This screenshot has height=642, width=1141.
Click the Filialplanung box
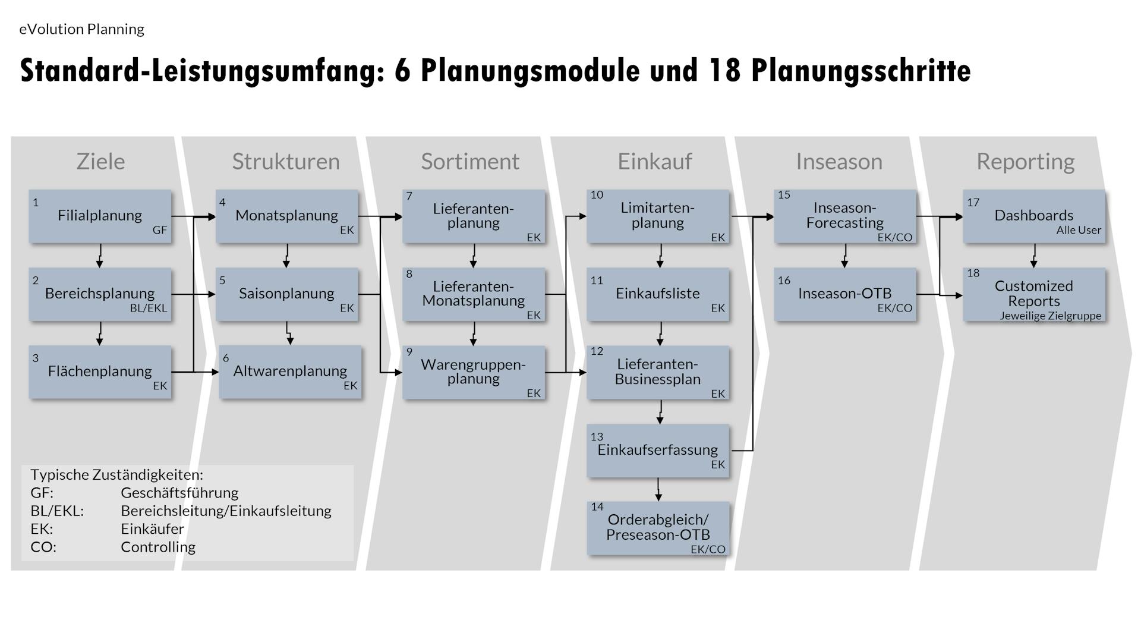(x=100, y=216)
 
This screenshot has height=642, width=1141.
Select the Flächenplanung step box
(x=100, y=372)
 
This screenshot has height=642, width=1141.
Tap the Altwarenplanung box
(x=290, y=372)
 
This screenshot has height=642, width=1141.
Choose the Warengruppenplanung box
(x=473, y=372)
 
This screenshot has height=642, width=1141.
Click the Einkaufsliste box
(x=657, y=294)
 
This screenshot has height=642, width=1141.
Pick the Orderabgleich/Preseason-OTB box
(x=657, y=528)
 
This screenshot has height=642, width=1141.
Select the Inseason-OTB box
(x=844, y=294)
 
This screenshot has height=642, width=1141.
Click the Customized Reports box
(x=1033, y=294)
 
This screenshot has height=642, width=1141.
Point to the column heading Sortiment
(x=470, y=162)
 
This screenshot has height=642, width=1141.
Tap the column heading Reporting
(x=1025, y=162)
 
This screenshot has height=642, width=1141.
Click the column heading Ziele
(x=100, y=162)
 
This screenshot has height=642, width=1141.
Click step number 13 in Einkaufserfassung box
(x=597, y=437)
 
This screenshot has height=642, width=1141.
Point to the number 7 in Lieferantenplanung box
(x=409, y=196)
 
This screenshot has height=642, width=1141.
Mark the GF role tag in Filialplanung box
(x=160, y=230)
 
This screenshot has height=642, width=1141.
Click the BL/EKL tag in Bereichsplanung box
(x=149, y=308)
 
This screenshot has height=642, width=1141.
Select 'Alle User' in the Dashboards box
(x=1079, y=230)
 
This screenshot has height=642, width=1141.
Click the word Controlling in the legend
(x=158, y=547)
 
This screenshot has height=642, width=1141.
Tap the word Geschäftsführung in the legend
(x=179, y=493)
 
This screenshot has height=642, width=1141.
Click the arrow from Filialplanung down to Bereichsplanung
(x=100, y=255)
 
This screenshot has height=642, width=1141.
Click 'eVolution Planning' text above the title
(x=82, y=29)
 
